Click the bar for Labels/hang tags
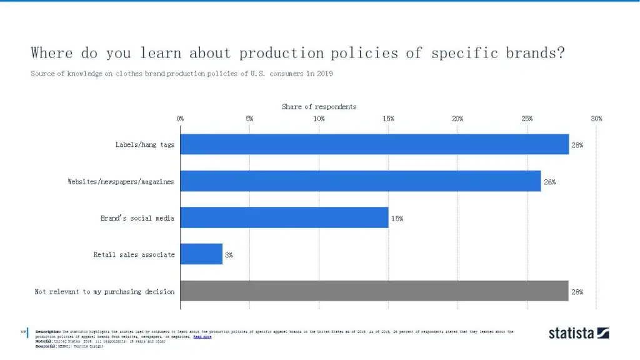pos(374,144)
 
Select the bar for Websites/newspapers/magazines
pos(361,181)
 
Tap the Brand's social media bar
pos(284,217)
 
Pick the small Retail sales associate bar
pos(201,254)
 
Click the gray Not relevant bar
pos(374,291)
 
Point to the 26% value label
pos(549,182)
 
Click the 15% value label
pos(397,218)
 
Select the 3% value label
pos(229,255)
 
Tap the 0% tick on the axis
pos(180,119)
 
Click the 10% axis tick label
pos(319,119)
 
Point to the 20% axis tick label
pos(457,119)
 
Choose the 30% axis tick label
pos(596,119)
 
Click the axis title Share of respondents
pos(319,107)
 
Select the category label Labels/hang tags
pos(145,145)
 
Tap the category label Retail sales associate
pos(134,255)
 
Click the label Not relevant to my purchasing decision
pos(104,292)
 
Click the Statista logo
pos(579,333)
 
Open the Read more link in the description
pos(202,337)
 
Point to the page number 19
pos(23,331)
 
